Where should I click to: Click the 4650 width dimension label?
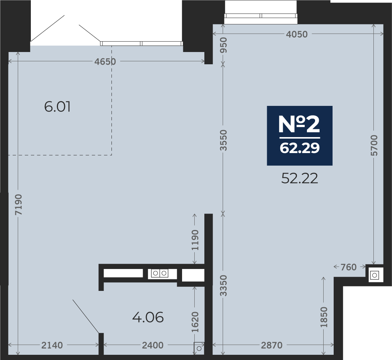point(105,62)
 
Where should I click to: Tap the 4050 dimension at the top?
point(297,34)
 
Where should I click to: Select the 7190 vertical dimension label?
point(19,204)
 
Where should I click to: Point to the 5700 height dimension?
point(374,145)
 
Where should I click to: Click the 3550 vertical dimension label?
point(223,140)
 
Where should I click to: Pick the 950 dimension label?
point(223,45)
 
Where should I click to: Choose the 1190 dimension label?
point(195,240)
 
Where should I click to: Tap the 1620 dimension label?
point(195,322)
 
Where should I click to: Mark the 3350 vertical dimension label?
point(223,285)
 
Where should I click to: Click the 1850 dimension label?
point(324,317)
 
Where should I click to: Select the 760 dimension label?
point(349,267)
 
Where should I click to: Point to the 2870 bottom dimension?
point(272,345)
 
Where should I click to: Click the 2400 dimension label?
point(153,345)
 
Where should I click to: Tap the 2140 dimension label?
point(52,345)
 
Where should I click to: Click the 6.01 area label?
point(57,107)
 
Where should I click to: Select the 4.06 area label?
point(148,318)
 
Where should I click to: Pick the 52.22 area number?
point(300,178)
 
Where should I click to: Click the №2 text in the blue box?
point(299,124)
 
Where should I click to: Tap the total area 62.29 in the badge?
point(300,148)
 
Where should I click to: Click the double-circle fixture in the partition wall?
point(159,273)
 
